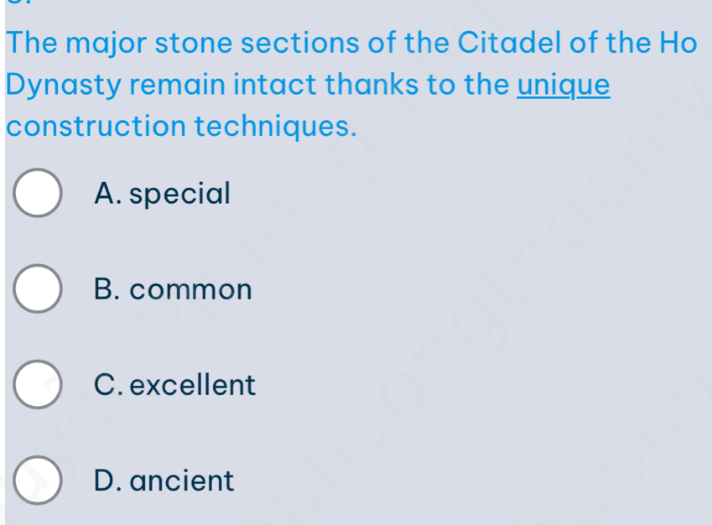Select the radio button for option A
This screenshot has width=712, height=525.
pos(38,193)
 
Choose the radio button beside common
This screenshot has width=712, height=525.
pos(38,288)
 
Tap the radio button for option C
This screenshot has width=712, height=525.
pos(38,385)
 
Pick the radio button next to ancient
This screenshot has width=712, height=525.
pos(38,481)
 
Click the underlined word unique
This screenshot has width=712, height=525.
pos(564,86)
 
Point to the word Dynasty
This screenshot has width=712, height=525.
pos(64,86)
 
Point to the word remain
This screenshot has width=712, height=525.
pos(178,85)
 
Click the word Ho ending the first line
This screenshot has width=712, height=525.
pos(678,43)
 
